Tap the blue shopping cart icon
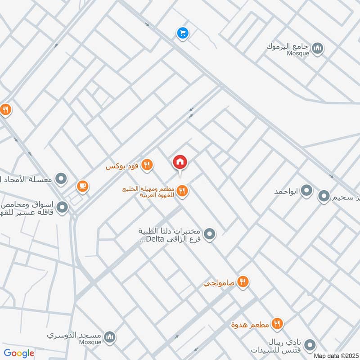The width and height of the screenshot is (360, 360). (x=182, y=33)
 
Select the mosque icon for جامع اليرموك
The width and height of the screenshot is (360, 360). (x=318, y=48)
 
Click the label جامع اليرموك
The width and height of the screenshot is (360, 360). (x=292, y=46)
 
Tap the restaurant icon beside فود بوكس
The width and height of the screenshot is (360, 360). (x=147, y=166)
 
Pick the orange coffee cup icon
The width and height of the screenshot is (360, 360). (x=82, y=186)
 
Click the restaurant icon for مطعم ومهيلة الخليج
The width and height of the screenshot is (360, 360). (x=182, y=191)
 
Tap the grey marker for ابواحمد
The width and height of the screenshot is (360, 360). (x=307, y=191)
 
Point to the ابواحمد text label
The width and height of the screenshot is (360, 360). (x=287, y=192)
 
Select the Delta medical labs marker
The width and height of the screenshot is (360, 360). (x=209, y=234)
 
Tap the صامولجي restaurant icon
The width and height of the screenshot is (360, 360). (x=243, y=282)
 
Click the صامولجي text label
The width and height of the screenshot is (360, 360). (x=220, y=283)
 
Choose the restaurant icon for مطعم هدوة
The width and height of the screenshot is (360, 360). (x=278, y=323)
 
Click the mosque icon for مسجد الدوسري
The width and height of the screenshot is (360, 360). (x=109, y=337)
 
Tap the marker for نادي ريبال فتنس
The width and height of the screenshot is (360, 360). (x=310, y=345)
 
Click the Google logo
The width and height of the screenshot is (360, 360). (x=19, y=353)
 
